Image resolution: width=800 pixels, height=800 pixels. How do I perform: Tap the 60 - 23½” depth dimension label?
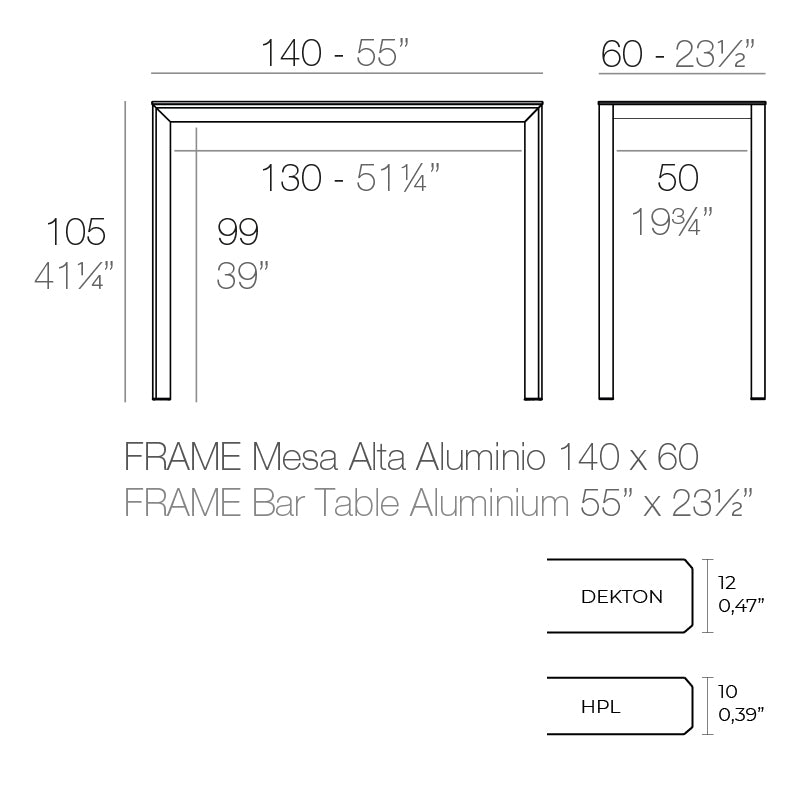click(677, 54)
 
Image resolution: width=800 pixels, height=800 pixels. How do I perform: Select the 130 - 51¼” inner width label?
click(350, 179)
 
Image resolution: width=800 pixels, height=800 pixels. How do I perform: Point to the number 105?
click(75, 232)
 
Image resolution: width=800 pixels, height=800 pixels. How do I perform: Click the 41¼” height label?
click(75, 274)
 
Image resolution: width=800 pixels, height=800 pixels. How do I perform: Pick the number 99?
click(238, 232)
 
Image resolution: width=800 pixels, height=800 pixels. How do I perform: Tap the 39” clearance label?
click(242, 274)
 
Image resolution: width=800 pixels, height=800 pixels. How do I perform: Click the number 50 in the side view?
click(677, 179)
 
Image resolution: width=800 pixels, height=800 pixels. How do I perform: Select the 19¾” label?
click(672, 221)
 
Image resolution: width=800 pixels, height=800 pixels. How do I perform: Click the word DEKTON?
click(621, 597)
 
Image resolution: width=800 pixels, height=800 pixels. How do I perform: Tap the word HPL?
click(600, 707)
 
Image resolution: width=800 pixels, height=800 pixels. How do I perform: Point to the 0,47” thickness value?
click(741, 605)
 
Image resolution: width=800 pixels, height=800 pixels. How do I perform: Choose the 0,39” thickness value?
click(741, 714)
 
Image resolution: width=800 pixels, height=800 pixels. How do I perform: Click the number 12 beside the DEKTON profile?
click(727, 581)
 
